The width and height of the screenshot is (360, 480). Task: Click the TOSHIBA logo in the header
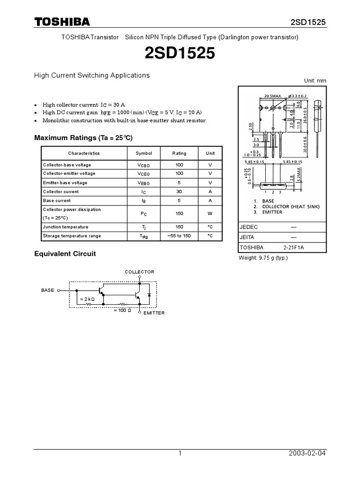tap(62, 22)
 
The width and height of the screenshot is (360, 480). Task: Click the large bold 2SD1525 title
tap(180, 54)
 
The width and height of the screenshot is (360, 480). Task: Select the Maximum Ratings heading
tap(83, 138)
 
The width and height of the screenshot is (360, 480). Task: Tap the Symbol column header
tap(144, 153)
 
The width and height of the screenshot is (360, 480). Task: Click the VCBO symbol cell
tap(144, 165)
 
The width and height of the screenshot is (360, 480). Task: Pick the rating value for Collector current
tap(179, 192)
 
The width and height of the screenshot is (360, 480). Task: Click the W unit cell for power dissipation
tap(210, 214)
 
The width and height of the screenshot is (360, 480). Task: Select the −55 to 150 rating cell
tap(179, 236)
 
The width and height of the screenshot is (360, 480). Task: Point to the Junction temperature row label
tap(66, 227)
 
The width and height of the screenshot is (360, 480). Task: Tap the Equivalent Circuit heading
tap(65, 254)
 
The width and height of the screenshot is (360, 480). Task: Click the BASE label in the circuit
tap(48, 290)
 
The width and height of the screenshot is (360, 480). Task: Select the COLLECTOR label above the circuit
tap(139, 272)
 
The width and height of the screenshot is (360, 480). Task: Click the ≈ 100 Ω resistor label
tap(121, 310)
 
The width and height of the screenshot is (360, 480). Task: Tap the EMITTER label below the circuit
tap(154, 313)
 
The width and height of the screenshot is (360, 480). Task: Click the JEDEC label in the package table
tap(248, 226)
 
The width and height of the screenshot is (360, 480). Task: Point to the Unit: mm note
tap(315, 81)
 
